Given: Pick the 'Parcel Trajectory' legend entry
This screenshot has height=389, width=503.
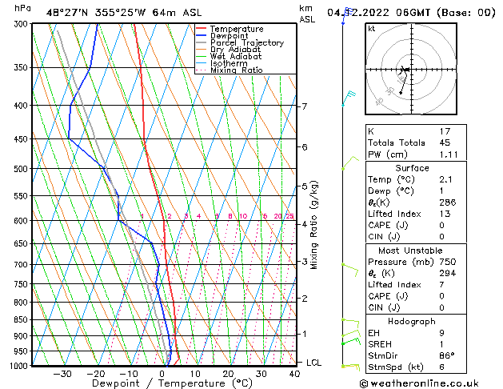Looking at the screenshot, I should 246,43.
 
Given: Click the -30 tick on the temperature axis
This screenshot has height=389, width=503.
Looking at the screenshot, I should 62,374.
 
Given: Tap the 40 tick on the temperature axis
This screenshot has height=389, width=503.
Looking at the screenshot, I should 295,374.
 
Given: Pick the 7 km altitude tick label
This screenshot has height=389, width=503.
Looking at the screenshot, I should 305,106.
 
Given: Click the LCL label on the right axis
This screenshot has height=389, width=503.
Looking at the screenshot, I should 315,363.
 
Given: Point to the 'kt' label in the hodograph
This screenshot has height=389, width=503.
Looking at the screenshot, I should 371,28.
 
